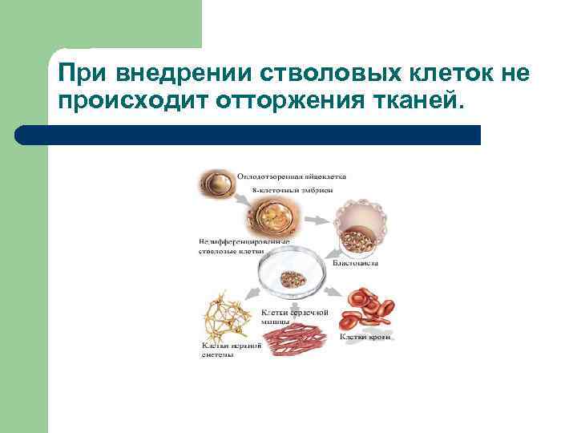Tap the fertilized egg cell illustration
(x=217, y=185)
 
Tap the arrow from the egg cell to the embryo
(x=237, y=210)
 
